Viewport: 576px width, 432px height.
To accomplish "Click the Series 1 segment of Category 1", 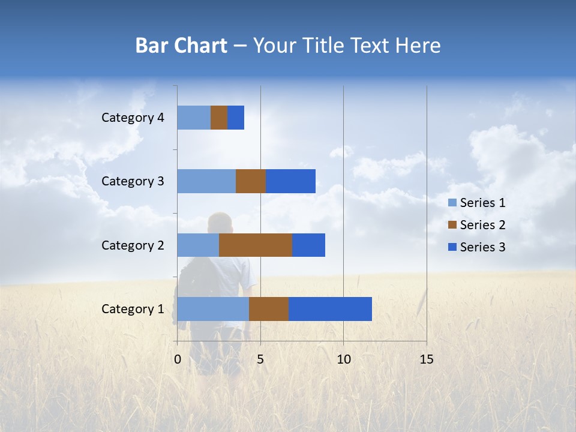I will click(x=213, y=309).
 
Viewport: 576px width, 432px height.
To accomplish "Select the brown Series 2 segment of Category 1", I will click(x=269, y=309).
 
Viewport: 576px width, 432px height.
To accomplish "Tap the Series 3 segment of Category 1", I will click(x=330, y=309).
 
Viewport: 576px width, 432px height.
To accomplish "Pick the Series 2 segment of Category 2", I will click(x=256, y=245).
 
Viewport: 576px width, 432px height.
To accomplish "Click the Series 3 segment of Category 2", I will click(x=308, y=245).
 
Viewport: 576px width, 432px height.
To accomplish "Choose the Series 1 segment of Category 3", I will click(x=206, y=181).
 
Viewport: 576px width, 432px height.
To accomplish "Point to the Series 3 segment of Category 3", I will click(x=290, y=181).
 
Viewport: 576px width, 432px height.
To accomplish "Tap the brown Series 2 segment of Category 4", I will click(x=219, y=118).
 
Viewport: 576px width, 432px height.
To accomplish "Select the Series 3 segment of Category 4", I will click(x=236, y=118).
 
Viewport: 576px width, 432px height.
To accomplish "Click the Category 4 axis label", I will click(x=133, y=118).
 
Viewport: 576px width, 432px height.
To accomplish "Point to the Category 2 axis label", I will click(x=133, y=245).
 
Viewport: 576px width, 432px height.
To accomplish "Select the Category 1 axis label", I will click(x=133, y=309).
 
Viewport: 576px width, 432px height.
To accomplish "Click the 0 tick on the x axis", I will click(x=178, y=359).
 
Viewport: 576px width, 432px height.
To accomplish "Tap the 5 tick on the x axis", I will click(x=260, y=359).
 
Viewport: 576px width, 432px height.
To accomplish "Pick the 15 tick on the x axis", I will click(x=426, y=359).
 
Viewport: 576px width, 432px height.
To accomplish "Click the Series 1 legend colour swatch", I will click(x=452, y=203).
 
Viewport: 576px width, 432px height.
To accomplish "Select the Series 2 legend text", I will click(x=482, y=225).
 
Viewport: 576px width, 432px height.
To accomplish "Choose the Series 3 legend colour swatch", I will click(x=452, y=247).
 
